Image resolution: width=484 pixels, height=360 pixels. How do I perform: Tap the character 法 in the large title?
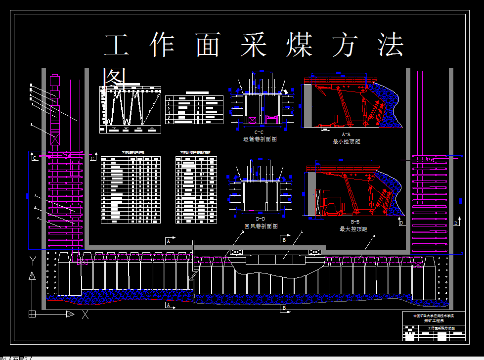pyautogui.click(x=391, y=45)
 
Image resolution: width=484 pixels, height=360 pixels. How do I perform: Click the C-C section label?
pyautogui.click(x=259, y=133)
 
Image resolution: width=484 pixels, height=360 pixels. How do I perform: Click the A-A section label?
pyautogui.click(x=347, y=134)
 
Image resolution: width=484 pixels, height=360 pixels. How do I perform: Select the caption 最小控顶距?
pyautogui.click(x=347, y=141)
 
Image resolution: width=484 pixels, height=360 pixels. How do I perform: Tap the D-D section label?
pyautogui.click(x=261, y=219)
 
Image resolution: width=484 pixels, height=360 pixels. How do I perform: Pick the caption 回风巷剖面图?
pyautogui.click(x=261, y=225)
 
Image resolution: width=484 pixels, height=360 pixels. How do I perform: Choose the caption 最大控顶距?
pyautogui.click(x=353, y=229)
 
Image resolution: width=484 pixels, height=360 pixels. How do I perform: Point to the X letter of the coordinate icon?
pyautogui.click(x=85, y=314)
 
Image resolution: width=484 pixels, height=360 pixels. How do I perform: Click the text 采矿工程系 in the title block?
pyautogui.click(x=434, y=320)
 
